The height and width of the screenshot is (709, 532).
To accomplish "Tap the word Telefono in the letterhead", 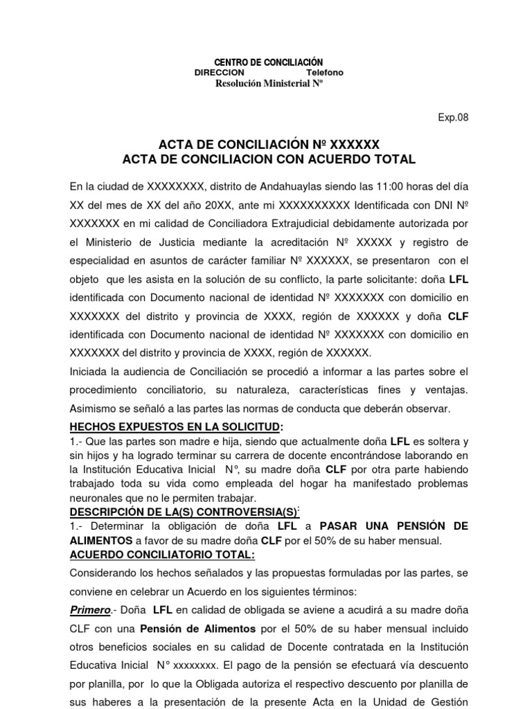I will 324,73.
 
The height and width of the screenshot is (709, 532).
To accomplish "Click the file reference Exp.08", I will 453,117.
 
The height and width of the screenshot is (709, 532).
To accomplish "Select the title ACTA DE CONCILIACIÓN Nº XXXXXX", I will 269,145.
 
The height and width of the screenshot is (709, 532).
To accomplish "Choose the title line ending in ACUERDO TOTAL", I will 269,160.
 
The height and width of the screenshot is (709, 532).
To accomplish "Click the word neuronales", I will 98,498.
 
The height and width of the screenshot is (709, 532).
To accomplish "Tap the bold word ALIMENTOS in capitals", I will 101,540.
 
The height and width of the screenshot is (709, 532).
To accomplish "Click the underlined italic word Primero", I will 91,609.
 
